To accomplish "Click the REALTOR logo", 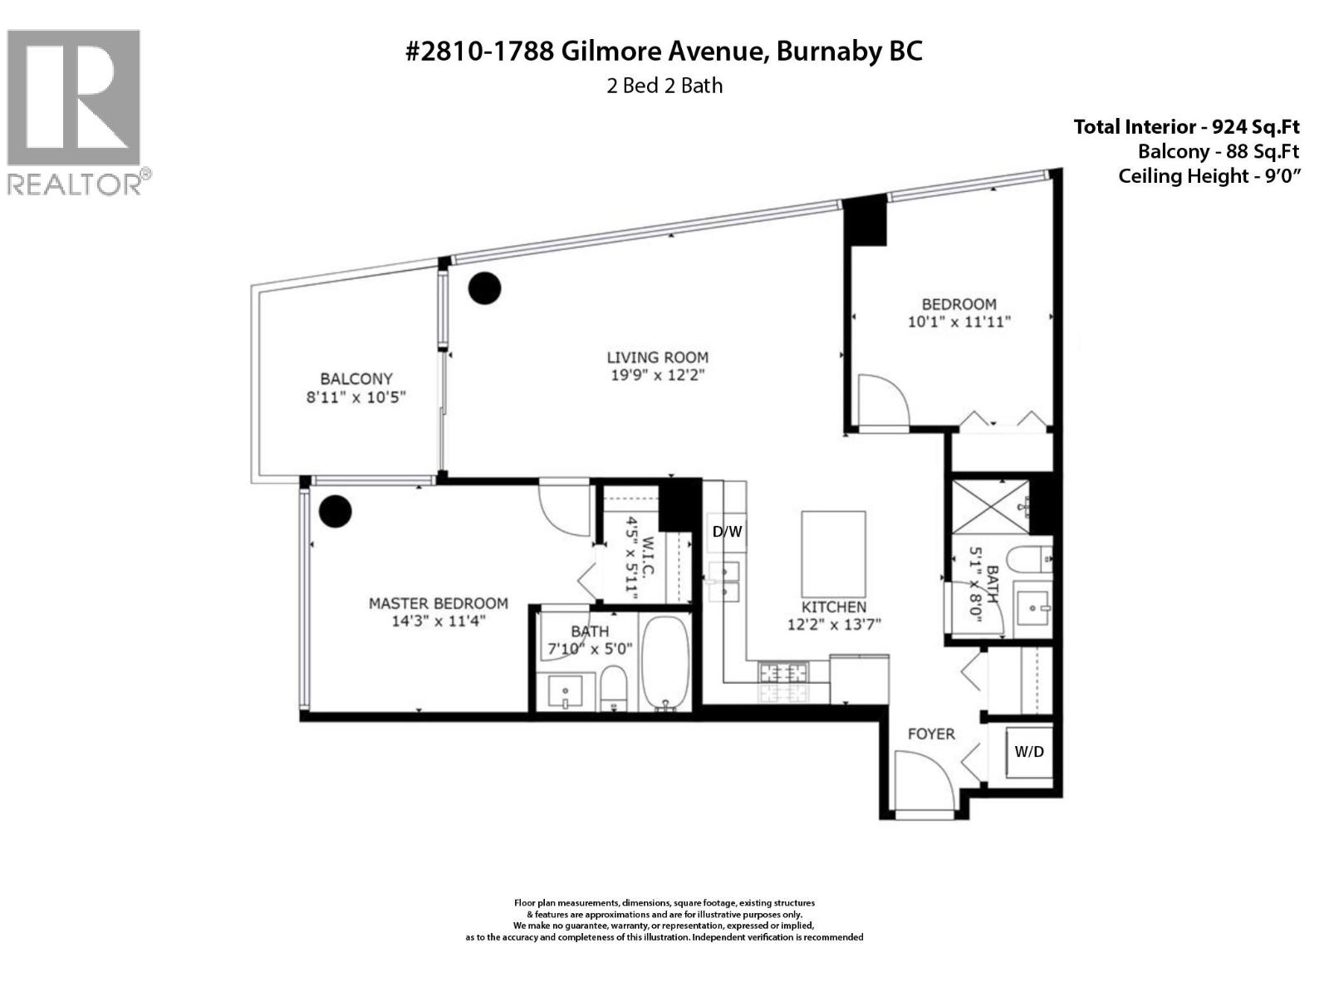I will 74,111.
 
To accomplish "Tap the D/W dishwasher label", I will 727,532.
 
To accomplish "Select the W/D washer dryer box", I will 1029,752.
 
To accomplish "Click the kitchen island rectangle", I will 833,551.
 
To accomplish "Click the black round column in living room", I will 485,288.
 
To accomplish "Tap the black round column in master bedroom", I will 336,511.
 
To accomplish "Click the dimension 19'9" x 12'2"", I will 657,376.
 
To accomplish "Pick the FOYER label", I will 931,734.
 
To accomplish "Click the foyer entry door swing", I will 918,777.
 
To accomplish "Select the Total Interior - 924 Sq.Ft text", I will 1186,127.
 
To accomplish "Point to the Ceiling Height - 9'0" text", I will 1209,176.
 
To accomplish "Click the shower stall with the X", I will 989,506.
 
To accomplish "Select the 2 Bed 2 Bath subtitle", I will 664,86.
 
